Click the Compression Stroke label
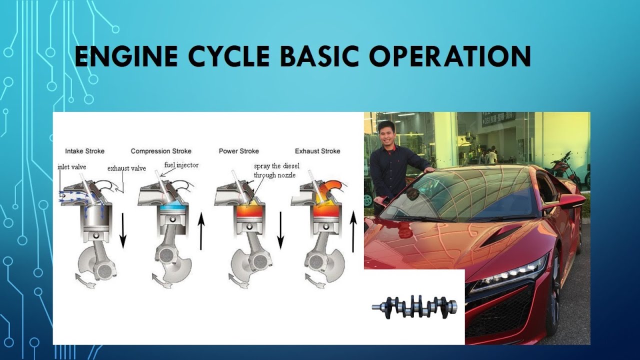161,151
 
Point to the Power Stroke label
238,151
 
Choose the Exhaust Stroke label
317,151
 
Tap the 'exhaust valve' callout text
126,168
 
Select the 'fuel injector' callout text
181,165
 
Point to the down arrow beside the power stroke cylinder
280,229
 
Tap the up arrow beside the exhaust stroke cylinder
353,231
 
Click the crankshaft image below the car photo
414,306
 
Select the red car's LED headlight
510,275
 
